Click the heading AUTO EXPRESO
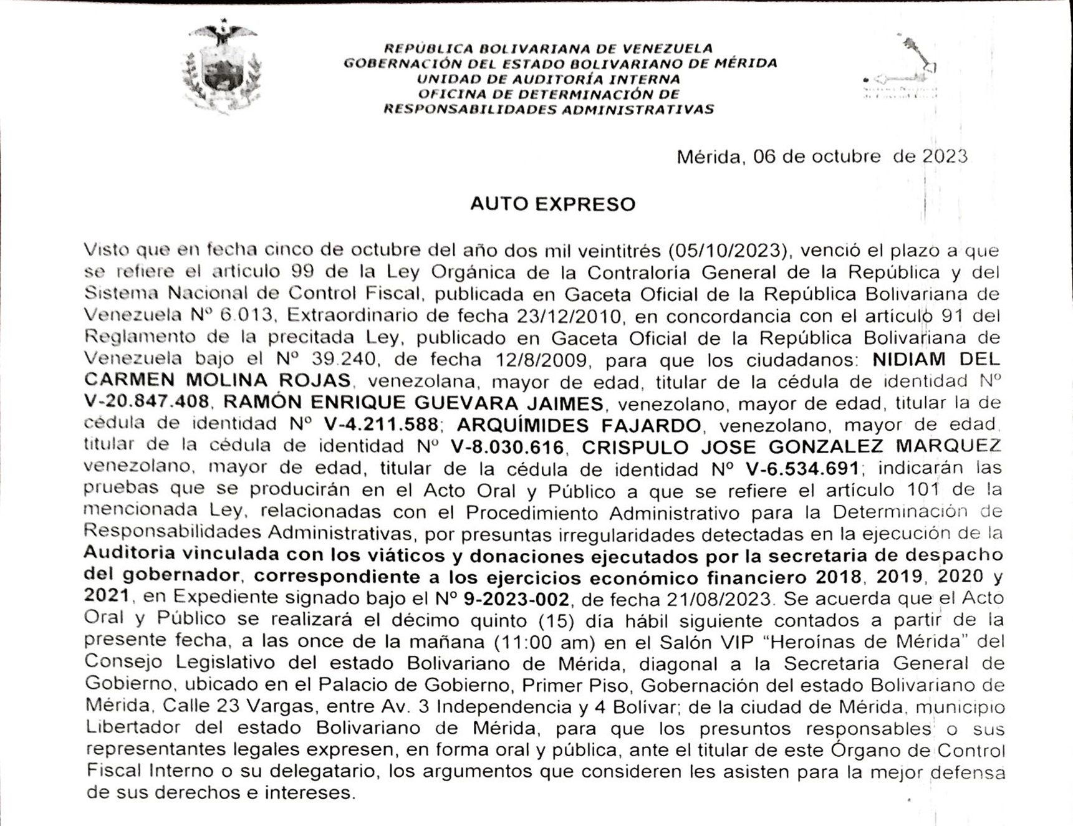[x=552, y=204]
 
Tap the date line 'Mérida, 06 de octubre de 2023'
[x=822, y=156]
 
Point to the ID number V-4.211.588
[x=381, y=425]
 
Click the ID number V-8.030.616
[x=507, y=446]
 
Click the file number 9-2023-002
[x=516, y=599]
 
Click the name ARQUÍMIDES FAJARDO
[x=579, y=425]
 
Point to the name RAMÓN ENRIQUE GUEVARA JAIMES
[x=413, y=403]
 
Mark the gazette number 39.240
[x=342, y=359]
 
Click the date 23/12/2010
[x=569, y=316]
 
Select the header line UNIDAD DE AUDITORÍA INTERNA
[x=548, y=79]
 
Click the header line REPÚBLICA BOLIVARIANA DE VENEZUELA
[x=548, y=49]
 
